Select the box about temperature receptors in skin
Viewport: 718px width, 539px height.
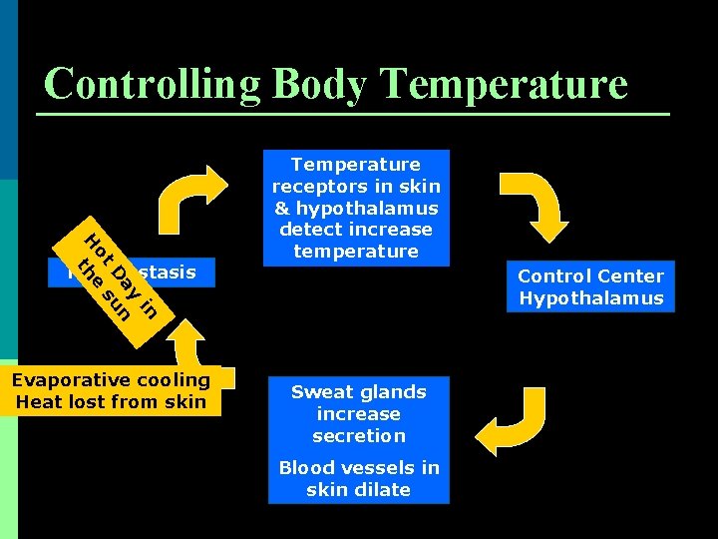tap(356, 208)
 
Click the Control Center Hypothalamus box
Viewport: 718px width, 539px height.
tap(590, 287)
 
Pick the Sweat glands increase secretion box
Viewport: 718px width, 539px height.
tap(358, 414)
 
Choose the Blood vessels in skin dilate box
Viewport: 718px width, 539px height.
tap(358, 479)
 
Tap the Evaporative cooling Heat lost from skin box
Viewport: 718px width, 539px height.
tap(111, 391)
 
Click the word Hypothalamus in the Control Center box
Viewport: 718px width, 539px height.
tap(590, 298)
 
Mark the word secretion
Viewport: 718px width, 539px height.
tap(358, 436)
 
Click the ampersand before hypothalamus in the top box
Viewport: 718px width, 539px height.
tap(281, 209)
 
